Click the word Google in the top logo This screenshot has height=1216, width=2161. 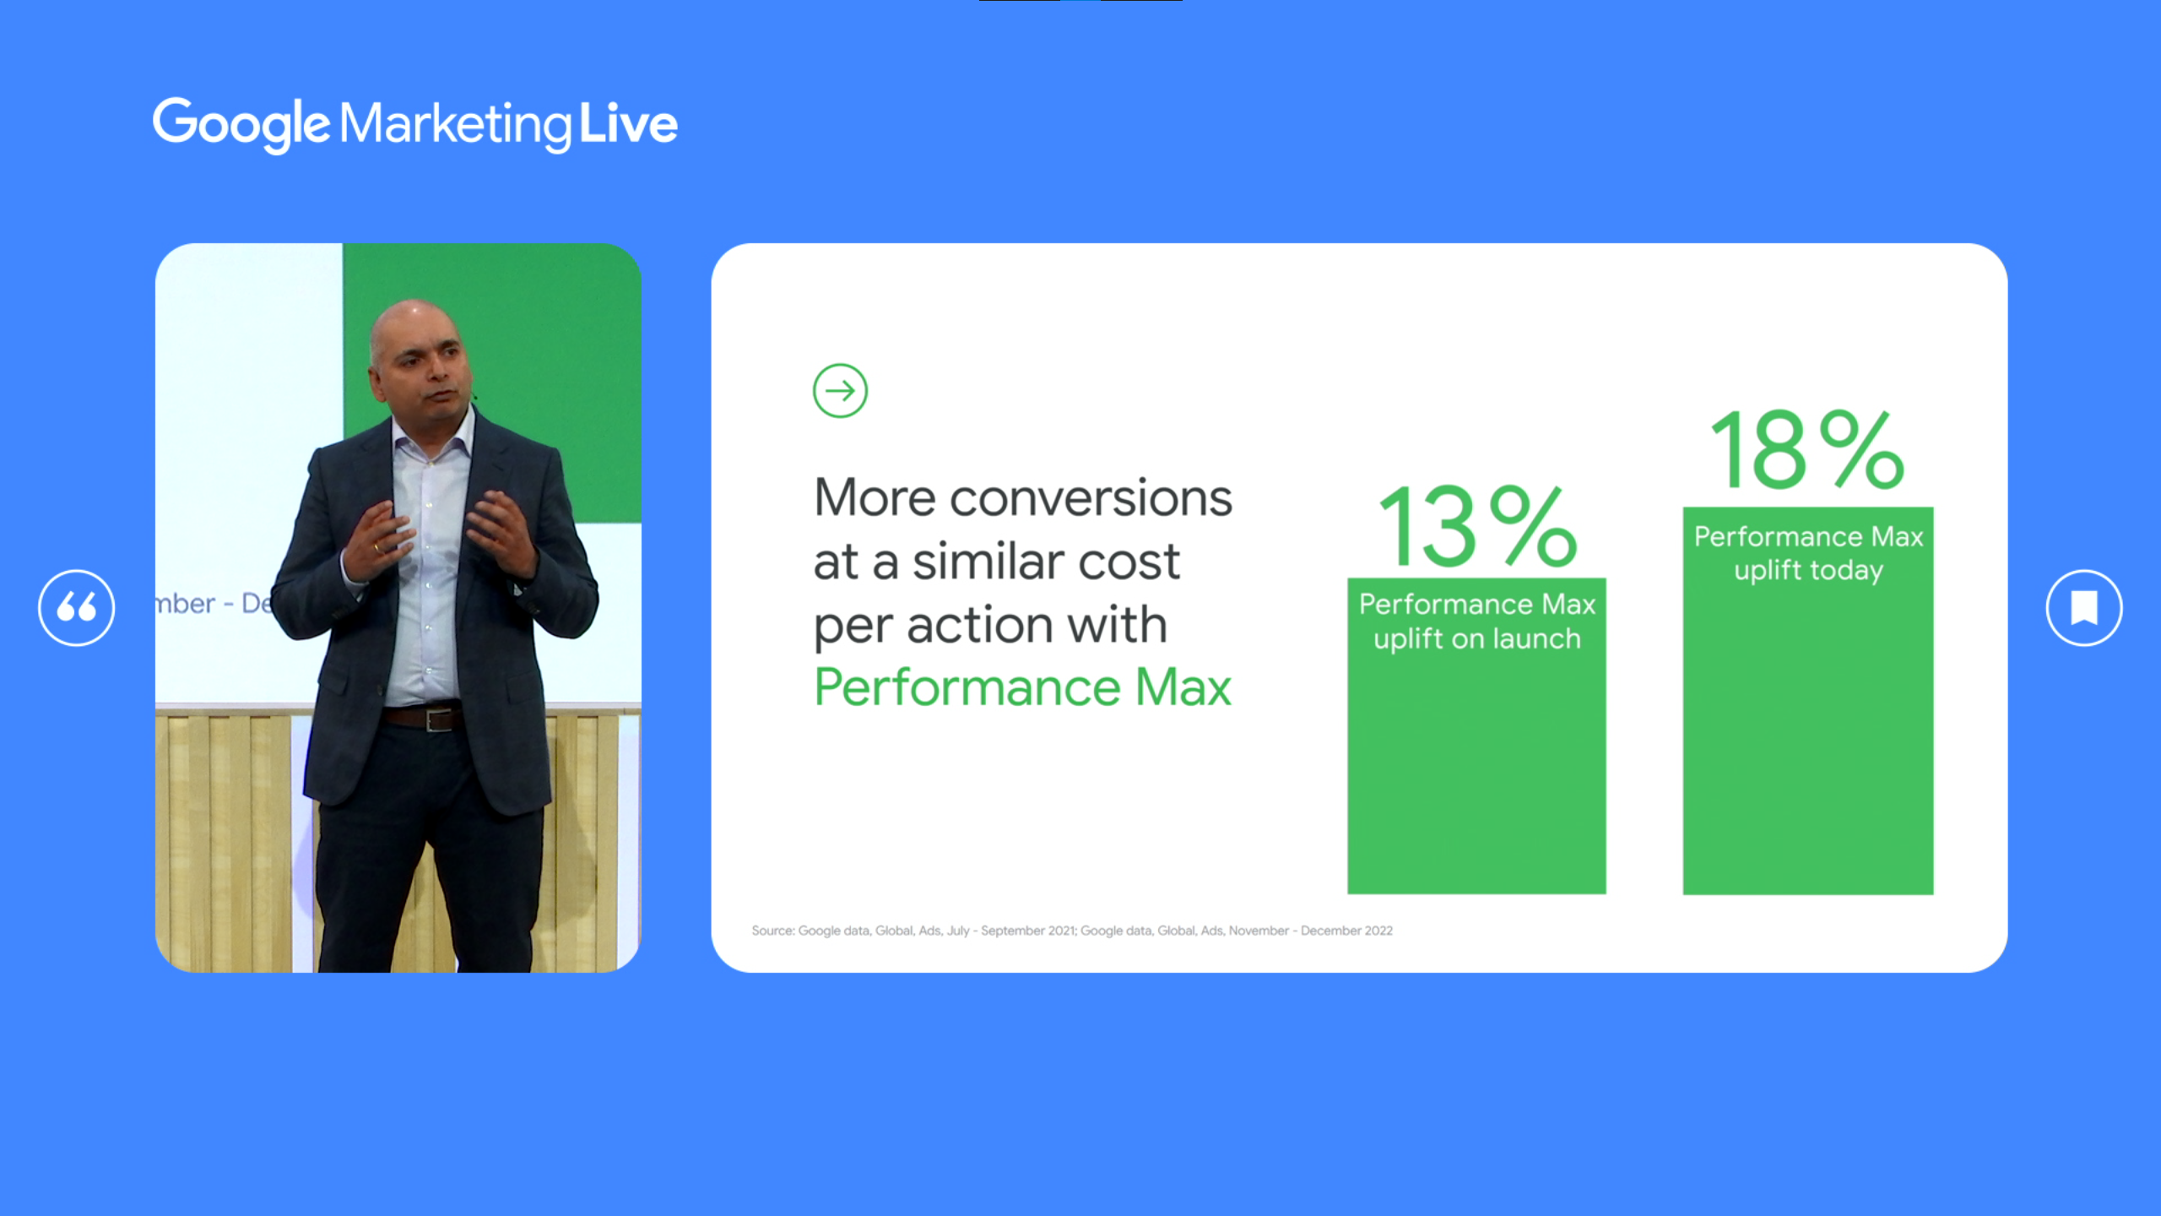241,125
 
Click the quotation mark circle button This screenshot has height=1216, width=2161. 77,608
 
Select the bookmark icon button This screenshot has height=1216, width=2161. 2084,608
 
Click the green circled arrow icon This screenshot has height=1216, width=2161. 840,391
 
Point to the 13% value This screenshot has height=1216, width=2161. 1477,526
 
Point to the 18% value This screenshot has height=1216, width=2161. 1807,449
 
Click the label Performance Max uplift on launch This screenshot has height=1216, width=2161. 1477,622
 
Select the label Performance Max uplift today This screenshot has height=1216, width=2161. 1808,554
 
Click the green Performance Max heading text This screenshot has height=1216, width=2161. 1023,687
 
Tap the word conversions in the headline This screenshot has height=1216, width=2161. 1091,498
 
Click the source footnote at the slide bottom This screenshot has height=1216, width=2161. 1072,931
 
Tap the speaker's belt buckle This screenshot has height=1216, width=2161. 440,720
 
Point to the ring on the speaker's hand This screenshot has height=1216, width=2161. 377,548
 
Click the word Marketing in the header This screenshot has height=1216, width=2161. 456,125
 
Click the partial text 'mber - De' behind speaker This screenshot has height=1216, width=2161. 214,603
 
